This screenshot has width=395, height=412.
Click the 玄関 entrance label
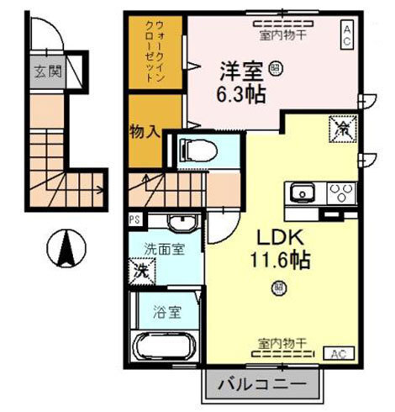[x=49, y=71]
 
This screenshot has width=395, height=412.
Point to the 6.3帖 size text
[x=239, y=94]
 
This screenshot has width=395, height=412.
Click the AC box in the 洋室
[x=345, y=31]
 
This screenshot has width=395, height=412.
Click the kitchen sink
[x=302, y=193]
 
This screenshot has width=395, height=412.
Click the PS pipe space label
[x=134, y=219]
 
